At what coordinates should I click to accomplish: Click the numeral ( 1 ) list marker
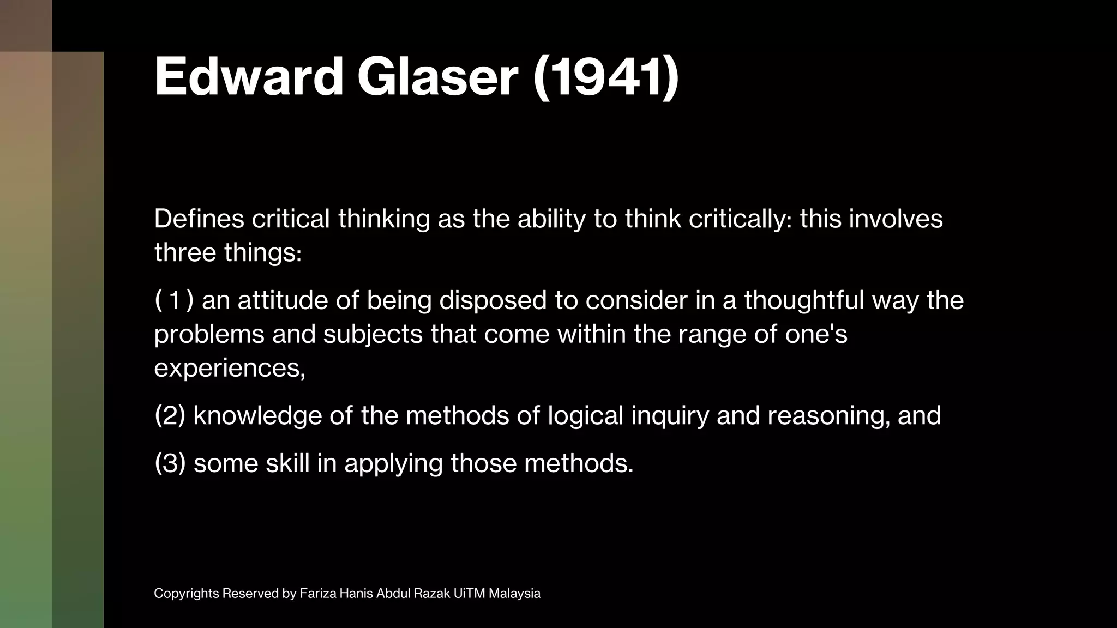[x=174, y=300]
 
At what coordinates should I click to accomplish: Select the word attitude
[x=282, y=300]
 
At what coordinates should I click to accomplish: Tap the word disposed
[x=493, y=300]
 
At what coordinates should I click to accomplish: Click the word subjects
[x=373, y=334]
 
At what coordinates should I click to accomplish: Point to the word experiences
[x=230, y=368]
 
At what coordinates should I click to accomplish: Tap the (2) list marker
[x=170, y=416]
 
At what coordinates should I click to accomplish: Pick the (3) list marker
[x=170, y=463]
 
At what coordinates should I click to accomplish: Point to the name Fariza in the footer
[x=317, y=594]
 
